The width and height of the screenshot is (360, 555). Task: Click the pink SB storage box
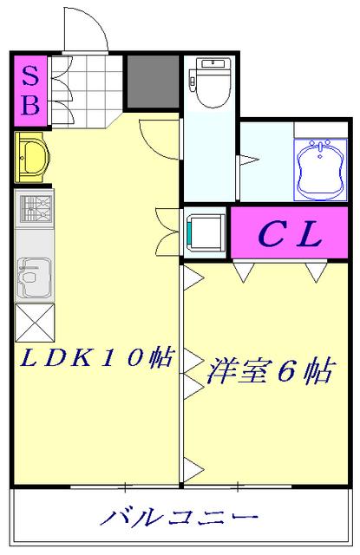(x=29, y=91)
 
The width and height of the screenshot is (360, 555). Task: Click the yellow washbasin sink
(x=33, y=157)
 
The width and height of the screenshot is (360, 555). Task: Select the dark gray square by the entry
(x=153, y=83)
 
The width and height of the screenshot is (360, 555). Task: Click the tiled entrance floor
(x=88, y=86)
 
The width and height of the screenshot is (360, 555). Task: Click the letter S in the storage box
(x=29, y=75)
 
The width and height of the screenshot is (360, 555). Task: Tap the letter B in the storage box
(x=29, y=107)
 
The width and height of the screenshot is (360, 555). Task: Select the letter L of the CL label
(x=310, y=232)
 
